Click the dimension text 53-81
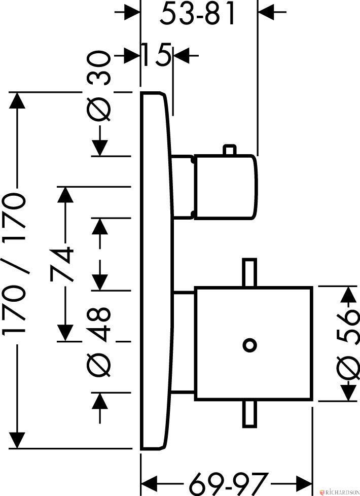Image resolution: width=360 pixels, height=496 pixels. coord(197,14)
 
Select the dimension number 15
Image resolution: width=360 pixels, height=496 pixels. coord(156,55)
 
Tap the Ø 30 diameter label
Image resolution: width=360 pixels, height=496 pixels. coord(99,86)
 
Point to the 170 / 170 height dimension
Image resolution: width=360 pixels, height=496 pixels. coord(14,264)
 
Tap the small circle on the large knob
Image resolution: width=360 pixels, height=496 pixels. coord(249,345)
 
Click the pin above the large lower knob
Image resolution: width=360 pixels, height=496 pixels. coord(249,273)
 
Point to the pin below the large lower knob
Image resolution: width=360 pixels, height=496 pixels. coord(249,414)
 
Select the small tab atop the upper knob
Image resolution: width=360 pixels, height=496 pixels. coord(230,150)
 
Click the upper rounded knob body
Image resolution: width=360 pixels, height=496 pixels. coord(225,187)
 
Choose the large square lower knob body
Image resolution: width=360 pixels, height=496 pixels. coord(254,344)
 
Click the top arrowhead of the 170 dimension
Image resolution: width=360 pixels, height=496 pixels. coord(17,100)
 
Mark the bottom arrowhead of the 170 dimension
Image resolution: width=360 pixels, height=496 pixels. coord(17,440)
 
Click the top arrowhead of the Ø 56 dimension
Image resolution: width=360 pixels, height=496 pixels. coord(349,294)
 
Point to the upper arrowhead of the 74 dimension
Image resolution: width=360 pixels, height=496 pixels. coord(65,195)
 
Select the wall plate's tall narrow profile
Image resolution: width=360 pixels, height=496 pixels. coord(157,270)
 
